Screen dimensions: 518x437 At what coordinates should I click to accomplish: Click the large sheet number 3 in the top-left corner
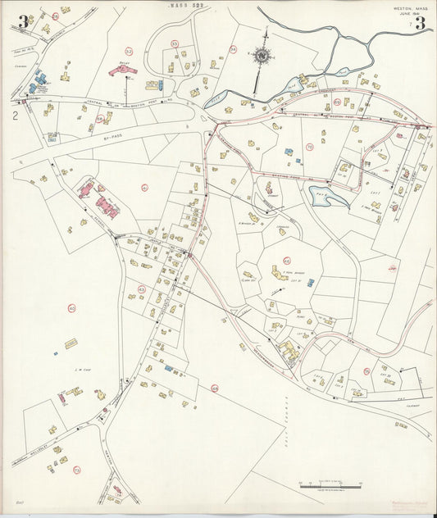click(x=24, y=22)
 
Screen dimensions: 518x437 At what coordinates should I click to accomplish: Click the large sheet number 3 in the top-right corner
click(x=420, y=23)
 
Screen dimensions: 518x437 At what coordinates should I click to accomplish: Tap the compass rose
click(x=263, y=56)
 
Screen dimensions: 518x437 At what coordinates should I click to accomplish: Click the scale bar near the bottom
click(x=330, y=487)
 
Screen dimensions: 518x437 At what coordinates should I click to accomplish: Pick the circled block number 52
click(x=129, y=52)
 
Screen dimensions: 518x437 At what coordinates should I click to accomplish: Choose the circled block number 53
click(x=174, y=43)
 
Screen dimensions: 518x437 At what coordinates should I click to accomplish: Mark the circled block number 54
click(x=233, y=50)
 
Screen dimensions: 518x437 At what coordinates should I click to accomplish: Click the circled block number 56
click(x=101, y=118)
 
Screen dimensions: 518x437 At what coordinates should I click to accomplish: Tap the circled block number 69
click(x=337, y=102)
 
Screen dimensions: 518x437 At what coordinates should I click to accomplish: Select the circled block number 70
click(x=309, y=148)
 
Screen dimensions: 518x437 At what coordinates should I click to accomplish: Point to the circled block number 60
click(x=72, y=308)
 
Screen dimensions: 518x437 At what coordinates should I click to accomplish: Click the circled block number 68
click(x=215, y=388)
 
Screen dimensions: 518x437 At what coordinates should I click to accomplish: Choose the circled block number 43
click(x=141, y=289)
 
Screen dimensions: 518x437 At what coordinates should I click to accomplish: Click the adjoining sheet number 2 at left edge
click(x=15, y=116)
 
